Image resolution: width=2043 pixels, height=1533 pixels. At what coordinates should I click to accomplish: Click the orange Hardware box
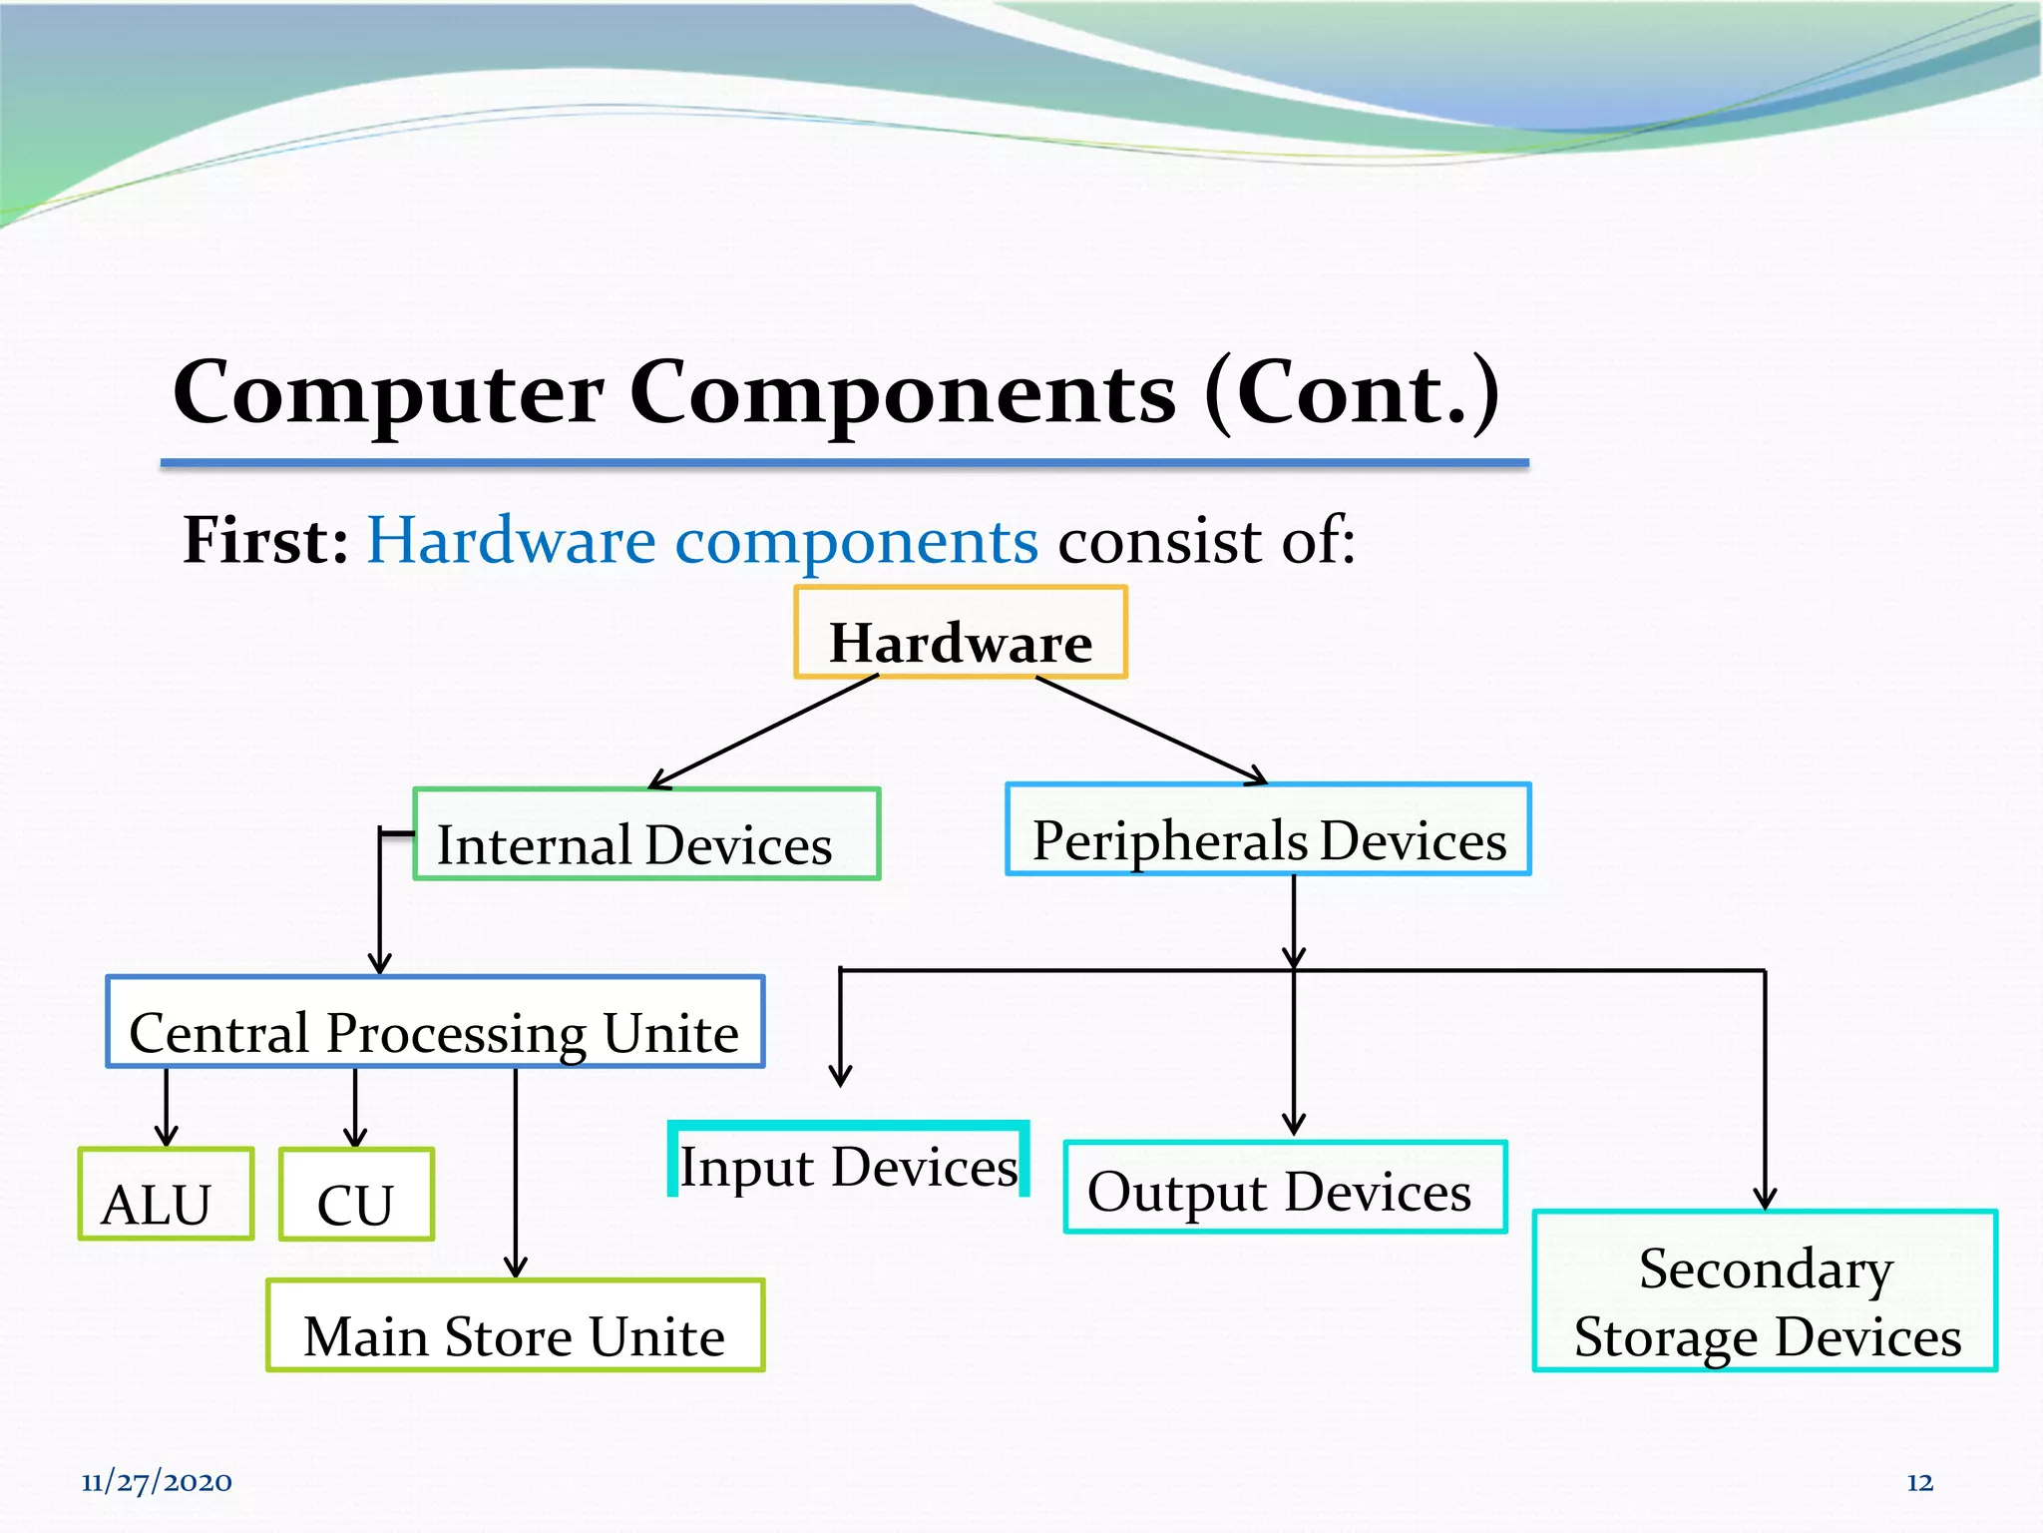pos(961,633)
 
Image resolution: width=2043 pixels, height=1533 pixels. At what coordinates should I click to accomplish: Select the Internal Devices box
pos(646,834)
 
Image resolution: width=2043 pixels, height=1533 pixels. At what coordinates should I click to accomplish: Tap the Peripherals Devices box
pos(1268,830)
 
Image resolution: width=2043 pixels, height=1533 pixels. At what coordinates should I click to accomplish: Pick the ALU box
pos(166,1195)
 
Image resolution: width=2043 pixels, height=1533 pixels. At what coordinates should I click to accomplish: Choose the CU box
pos(356,1195)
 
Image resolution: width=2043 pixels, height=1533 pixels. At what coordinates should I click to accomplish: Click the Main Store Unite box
pos(515,1325)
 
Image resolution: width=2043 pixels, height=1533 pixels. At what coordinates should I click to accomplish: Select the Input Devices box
pos(848,1160)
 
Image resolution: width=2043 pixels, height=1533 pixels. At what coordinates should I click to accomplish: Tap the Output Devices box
pos(1285,1188)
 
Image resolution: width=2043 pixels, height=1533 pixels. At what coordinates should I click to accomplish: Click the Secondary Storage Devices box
pos(1765,1291)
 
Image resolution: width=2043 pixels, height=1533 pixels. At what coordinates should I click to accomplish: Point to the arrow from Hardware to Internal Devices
pos(763,733)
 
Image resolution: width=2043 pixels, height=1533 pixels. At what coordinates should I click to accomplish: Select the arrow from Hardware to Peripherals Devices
pos(1151,731)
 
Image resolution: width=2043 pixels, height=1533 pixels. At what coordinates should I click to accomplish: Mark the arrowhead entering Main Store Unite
pos(515,1266)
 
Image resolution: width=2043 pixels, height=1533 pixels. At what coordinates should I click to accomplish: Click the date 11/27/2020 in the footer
pos(157,1482)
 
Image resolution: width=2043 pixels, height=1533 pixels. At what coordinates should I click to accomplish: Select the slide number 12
pos(1919,1483)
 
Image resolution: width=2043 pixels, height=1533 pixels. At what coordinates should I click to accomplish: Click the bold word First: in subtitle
pos(265,541)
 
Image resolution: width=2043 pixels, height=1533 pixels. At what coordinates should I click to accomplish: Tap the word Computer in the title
pos(388,393)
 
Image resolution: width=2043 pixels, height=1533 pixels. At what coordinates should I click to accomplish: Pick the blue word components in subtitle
pos(856,543)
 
